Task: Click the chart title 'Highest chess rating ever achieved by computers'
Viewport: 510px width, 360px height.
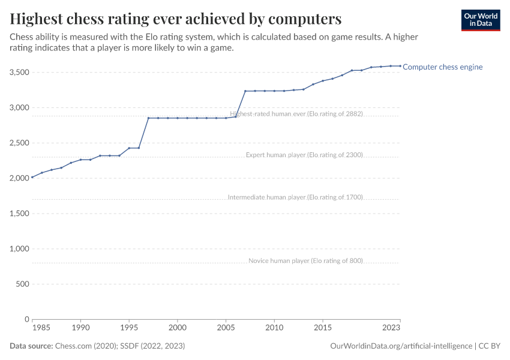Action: (176, 19)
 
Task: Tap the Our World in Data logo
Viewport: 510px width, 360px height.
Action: (481, 19)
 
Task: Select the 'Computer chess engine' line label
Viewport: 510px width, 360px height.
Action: (442, 67)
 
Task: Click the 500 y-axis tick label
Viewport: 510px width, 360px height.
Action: (22, 284)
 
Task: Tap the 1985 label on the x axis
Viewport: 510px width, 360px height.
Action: (41, 329)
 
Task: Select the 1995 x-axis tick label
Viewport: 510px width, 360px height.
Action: (129, 329)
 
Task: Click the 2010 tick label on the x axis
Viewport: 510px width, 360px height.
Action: (274, 329)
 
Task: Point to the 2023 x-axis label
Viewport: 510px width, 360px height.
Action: (391, 329)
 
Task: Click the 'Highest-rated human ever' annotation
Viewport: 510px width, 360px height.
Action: (296, 113)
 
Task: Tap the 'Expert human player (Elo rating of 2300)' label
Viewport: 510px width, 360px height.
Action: (304, 155)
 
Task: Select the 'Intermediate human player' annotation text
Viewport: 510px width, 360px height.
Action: (295, 197)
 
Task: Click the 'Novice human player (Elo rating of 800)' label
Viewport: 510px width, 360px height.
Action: (305, 260)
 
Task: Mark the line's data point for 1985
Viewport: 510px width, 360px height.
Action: (32, 178)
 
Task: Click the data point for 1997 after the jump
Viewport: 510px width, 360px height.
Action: (148, 118)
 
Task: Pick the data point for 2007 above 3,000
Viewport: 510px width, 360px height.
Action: (245, 91)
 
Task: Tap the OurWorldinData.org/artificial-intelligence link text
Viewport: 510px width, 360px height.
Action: (401, 346)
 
